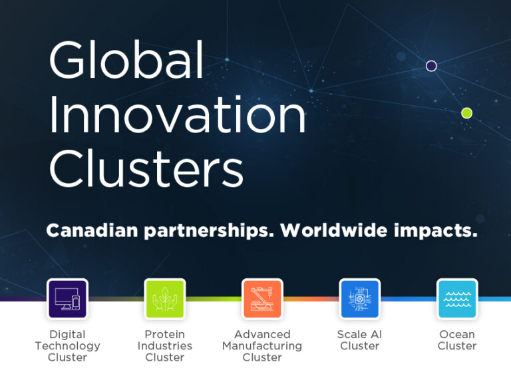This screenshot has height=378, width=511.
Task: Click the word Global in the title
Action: [x=126, y=62]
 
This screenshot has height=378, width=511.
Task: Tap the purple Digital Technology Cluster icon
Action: [x=67, y=299]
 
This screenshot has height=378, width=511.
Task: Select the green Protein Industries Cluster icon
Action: [x=164, y=299]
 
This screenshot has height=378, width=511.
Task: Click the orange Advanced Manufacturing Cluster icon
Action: [x=262, y=299]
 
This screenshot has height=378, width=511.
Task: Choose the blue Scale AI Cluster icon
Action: [x=359, y=299]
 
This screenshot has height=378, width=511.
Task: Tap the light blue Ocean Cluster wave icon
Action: [x=457, y=299]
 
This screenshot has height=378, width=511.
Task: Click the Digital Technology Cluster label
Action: [x=67, y=346]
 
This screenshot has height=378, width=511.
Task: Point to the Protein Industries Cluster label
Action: [x=164, y=346]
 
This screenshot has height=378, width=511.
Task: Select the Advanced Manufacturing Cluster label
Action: [x=262, y=346]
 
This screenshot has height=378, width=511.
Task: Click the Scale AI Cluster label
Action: [x=359, y=340]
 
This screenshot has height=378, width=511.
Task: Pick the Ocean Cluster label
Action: [x=457, y=340]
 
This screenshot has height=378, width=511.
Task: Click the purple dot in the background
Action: [x=431, y=66]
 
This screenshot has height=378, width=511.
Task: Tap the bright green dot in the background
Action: [x=467, y=113]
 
